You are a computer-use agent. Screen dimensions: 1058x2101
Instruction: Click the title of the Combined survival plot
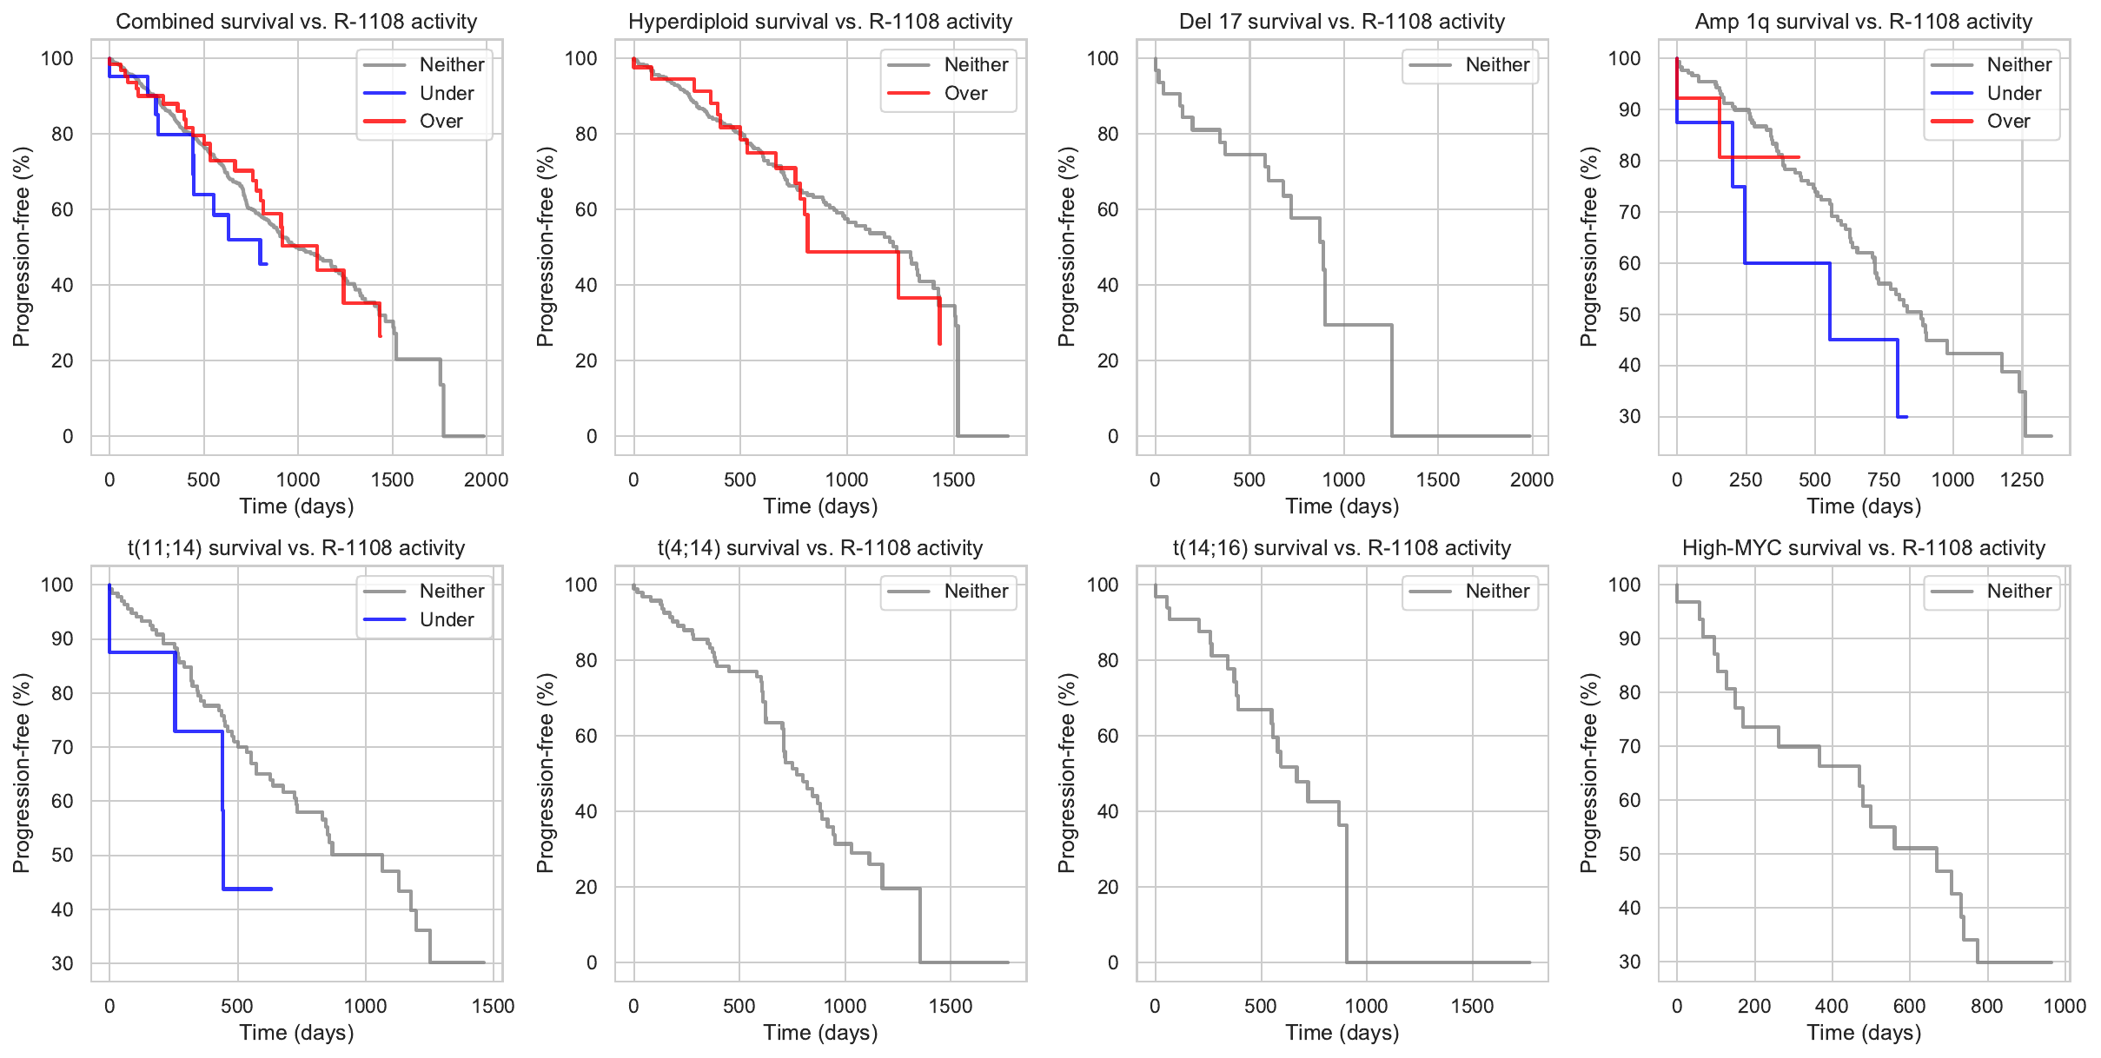pos(296,22)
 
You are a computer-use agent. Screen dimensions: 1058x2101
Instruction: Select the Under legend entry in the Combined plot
pos(446,93)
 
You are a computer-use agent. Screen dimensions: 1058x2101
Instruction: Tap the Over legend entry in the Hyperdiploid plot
pos(965,93)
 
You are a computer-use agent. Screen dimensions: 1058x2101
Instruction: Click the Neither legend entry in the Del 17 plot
pos(1497,64)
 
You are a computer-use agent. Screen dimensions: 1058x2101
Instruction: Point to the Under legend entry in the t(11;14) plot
pos(446,619)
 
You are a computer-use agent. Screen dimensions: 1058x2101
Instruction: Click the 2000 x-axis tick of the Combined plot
pos(486,480)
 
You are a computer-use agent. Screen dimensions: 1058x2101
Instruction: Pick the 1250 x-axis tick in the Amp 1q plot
pos(2021,480)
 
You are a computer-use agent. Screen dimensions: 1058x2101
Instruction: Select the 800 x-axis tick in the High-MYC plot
pos(1986,1007)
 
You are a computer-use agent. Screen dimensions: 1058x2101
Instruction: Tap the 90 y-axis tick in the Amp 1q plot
pos(1629,109)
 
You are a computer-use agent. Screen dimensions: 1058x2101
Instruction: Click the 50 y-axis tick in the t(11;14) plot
pos(63,855)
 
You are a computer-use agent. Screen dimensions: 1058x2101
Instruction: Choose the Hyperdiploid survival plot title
pos(820,22)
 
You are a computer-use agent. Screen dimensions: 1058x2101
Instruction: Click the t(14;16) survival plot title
pos(1342,548)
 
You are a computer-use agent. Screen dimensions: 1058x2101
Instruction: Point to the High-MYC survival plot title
pos(1864,548)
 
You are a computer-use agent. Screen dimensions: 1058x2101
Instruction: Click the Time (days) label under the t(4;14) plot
pos(820,1033)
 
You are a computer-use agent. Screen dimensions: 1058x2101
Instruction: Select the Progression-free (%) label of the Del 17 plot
pos(1067,246)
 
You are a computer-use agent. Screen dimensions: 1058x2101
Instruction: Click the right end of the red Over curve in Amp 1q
pos(1799,157)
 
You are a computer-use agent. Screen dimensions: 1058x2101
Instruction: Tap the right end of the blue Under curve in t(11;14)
pos(272,889)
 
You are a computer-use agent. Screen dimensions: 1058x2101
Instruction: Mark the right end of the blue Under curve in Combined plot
pos(266,263)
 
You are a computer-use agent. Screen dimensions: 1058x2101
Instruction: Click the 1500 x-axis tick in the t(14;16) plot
pos(1472,1007)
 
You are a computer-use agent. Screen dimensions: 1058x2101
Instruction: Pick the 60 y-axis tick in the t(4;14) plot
pos(587,736)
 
